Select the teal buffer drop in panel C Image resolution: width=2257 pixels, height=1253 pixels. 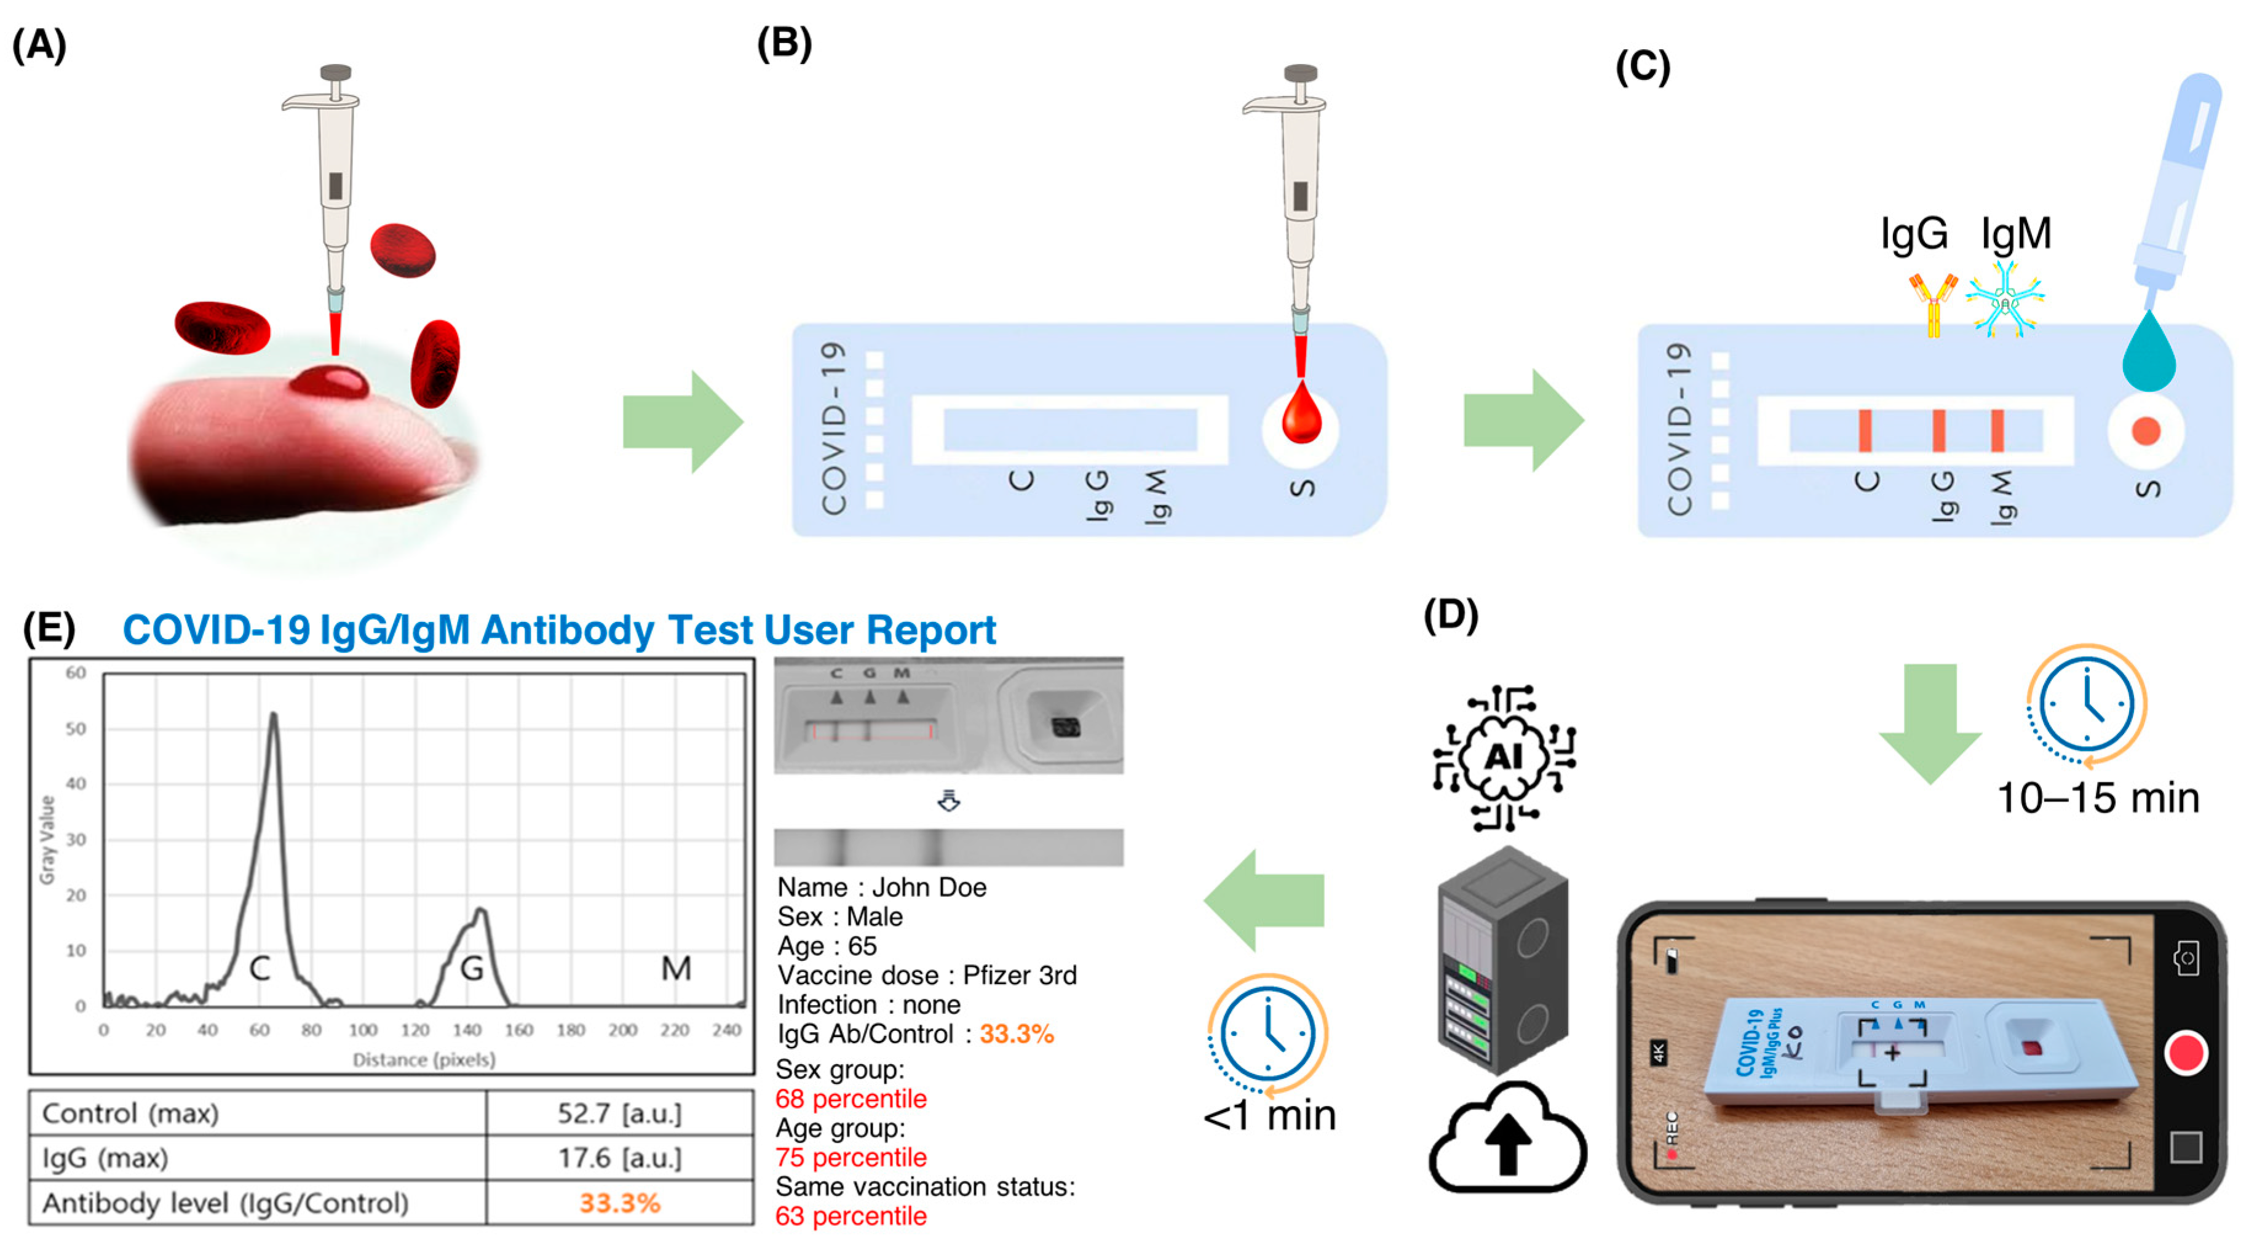(2148, 355)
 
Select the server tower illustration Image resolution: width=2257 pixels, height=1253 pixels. (1502, 960)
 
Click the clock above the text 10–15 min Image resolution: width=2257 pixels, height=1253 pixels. (2087, 706)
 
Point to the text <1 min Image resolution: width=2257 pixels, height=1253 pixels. (1269, 1115)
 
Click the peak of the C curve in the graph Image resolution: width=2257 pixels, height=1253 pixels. (274, 716)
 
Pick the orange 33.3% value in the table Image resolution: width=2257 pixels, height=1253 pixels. (619, 1203)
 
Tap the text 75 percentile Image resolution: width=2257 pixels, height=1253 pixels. (851, 1158)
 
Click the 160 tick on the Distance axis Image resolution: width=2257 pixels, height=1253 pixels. (518, 1030)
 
